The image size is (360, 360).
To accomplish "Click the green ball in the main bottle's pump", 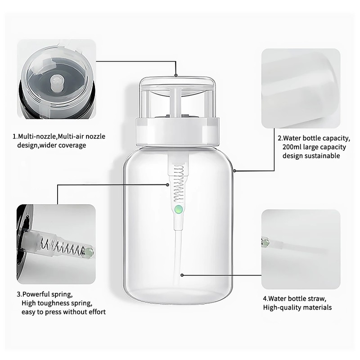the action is click(x=179, y=209).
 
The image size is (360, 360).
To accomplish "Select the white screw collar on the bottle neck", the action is click(x=177, y=132).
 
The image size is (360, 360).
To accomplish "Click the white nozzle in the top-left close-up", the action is click(x=56, y=83).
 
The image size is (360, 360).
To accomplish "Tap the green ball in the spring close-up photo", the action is click(x=88, y=252).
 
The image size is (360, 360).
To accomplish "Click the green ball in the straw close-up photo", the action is click(x=265, y=243).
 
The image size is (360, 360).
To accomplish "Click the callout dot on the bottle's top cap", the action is click(x=176, y=75).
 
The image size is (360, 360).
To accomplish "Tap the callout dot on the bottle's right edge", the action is click(x=234, y=171).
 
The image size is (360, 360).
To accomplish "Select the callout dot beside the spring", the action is click(x=167, y=184).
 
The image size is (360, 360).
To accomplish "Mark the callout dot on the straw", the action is click(x=182, y=275).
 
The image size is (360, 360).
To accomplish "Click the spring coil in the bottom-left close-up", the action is click(x=62, y=246).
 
